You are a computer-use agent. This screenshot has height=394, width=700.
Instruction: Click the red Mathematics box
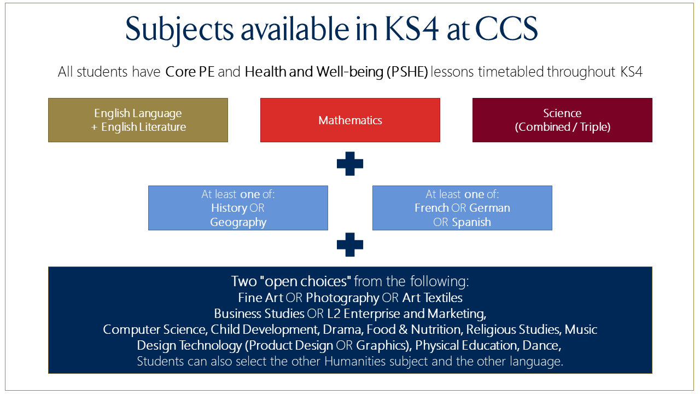click(x=350, y=120)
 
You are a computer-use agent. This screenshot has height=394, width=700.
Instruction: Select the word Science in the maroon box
click(x=562, y=113)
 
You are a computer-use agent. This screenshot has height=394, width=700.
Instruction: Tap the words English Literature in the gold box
click(x=143, y=127)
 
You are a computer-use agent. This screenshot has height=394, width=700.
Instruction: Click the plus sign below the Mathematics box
click(x=350, y=164)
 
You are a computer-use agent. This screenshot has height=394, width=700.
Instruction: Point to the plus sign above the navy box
click(x=350, y=245)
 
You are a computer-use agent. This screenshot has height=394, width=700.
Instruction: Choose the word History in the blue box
click(x=229, y=208)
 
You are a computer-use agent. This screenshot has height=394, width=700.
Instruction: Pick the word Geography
click(x=238, y=222)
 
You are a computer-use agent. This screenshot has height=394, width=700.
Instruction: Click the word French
click(x=431, y=208)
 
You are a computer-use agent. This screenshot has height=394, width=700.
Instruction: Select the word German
click(x=489, y=208)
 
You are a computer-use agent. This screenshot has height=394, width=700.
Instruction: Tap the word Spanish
click(x=471, y=222)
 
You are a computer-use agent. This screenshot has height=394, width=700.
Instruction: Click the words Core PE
click(x=190, y=72)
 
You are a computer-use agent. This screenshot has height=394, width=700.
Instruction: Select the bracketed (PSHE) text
click(x=407, y=72)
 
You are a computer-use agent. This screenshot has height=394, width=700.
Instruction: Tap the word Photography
click(x=342, y=298)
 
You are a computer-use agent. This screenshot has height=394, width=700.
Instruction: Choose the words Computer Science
click(x=154, y=329)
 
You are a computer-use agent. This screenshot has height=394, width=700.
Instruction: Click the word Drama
click(x=342, y=329)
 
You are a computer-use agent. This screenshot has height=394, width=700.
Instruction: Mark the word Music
click(x=581, y=329)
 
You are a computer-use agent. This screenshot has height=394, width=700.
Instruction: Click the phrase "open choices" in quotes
click(x=305, y=281)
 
